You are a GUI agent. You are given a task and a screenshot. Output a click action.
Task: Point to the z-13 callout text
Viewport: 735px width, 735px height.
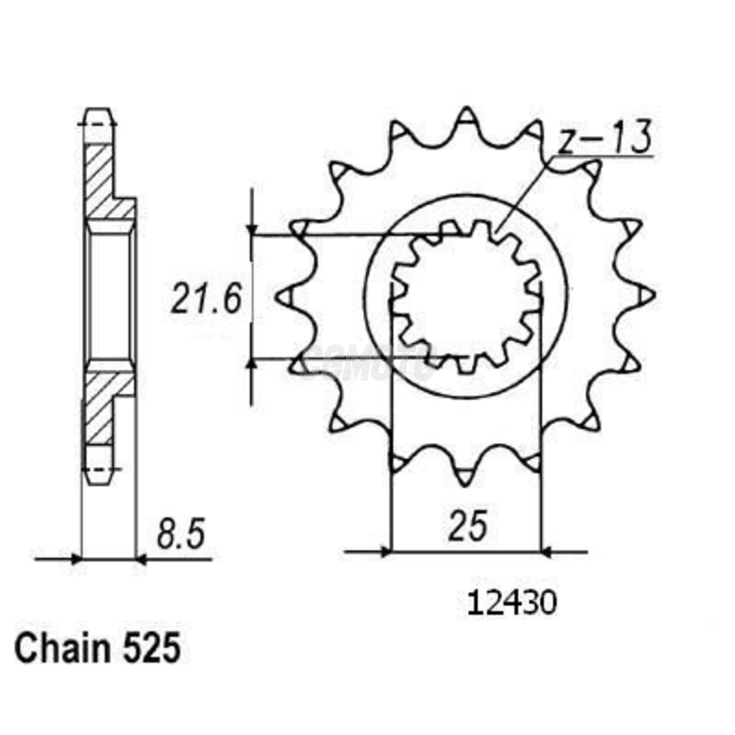tap(604, 138)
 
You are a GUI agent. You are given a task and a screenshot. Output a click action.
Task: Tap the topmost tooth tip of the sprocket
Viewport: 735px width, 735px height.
tap(466, 111)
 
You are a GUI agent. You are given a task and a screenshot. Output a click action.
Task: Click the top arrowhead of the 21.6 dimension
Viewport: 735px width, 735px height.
tap(252, 229)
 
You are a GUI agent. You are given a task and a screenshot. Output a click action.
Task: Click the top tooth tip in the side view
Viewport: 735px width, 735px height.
tap(98, 111)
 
